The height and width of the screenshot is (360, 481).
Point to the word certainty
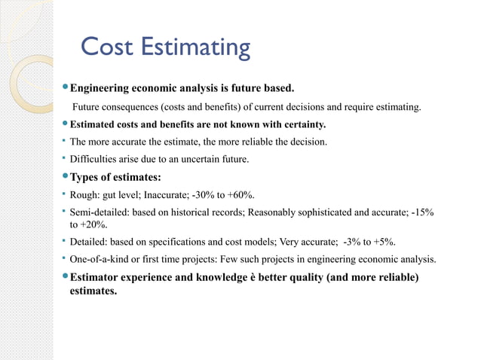[x=301, y=124]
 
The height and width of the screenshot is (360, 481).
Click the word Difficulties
[x=94, y=159]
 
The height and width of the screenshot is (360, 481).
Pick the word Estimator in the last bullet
[x=95, y=278]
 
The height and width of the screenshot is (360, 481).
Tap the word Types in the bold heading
[x=84, y=178]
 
